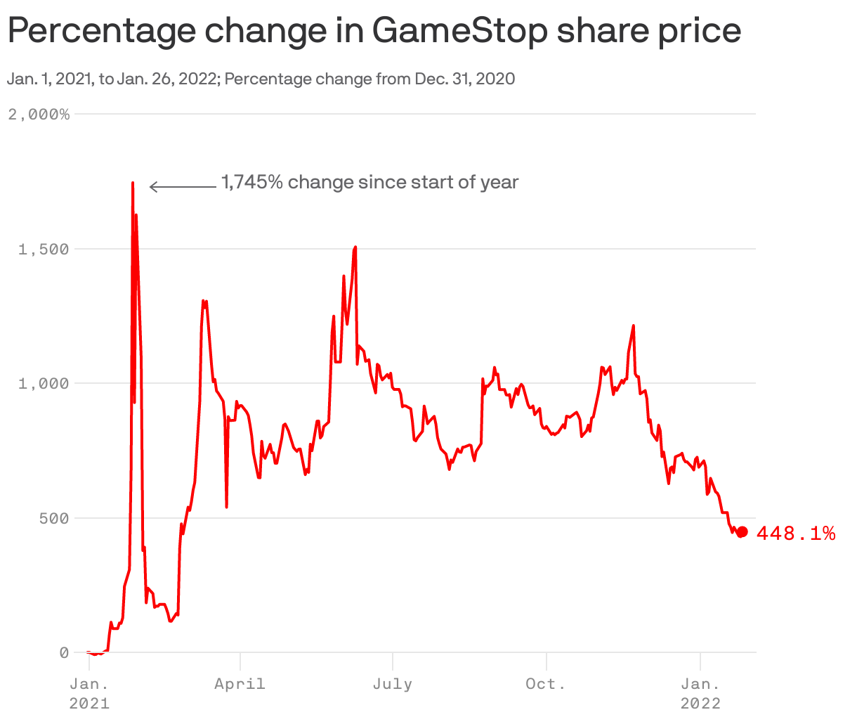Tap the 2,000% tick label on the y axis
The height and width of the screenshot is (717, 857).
(39, 115)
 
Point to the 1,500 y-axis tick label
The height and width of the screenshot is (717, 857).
(44, 250)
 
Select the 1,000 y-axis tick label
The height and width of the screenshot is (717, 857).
(44, 384)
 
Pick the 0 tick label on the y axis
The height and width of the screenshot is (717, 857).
(64, 653)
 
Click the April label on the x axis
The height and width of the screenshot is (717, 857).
(240, 684)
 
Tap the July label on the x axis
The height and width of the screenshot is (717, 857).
(393, 684)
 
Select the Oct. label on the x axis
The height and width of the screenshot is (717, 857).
(546, 684)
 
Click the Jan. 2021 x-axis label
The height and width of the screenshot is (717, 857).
(89, 693)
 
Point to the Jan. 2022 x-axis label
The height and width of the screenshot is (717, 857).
(700, 693)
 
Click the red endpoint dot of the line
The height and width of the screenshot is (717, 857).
(742, 532)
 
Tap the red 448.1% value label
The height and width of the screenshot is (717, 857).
(796, 534)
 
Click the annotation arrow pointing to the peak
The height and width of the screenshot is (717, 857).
(183, 187)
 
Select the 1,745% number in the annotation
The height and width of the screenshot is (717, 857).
(252, 183)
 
